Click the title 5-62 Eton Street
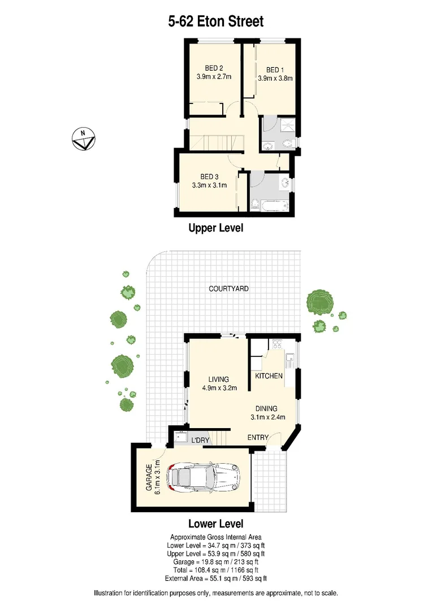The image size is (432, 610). click(216, 21)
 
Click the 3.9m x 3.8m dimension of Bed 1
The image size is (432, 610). click(275, 79)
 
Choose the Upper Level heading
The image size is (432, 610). click(215, 228)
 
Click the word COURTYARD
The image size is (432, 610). click(228, 289)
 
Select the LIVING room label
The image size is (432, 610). click(218, 380)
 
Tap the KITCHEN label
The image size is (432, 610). click(269, 376)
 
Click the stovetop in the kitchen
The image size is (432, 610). click(277, 343)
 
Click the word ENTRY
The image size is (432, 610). click(258, 438)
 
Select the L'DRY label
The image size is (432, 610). click(200, 440)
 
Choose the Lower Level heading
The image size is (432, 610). click(215, 524)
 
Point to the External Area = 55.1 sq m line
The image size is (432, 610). click(216, 578)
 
